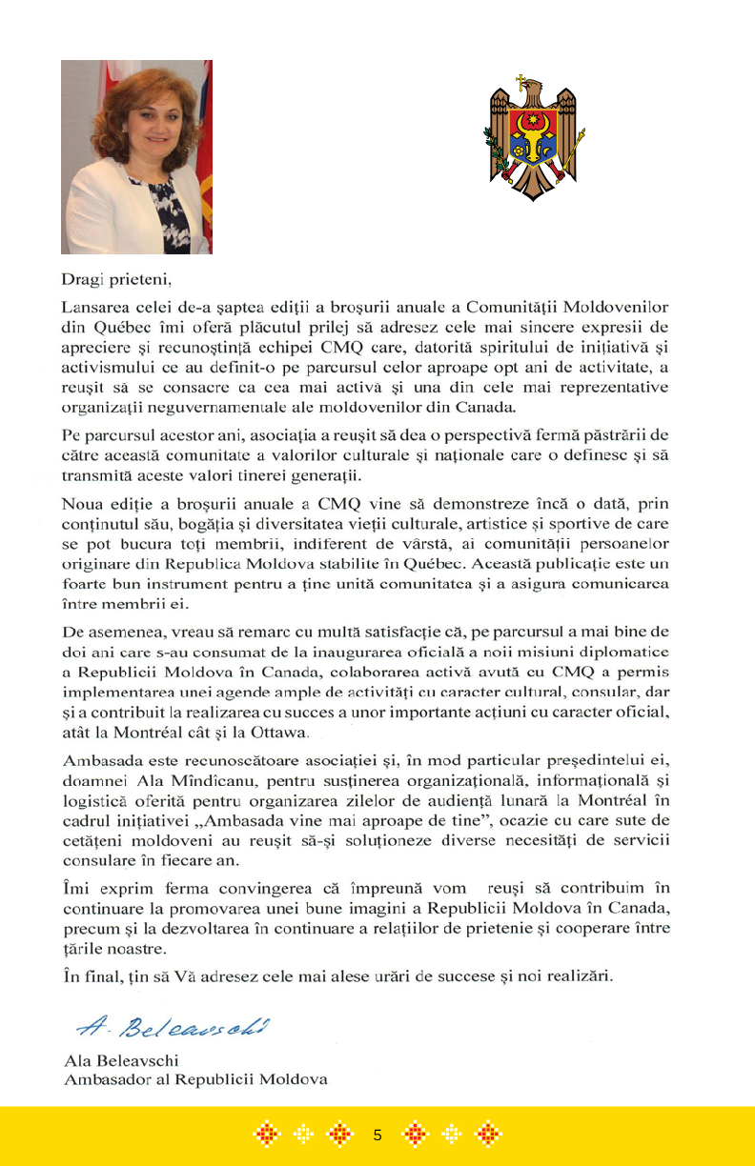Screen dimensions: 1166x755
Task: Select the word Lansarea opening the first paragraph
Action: (94, 308)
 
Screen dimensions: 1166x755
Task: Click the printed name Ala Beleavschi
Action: (120, 1060)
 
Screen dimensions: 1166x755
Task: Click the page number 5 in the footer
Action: (377, 1135)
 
